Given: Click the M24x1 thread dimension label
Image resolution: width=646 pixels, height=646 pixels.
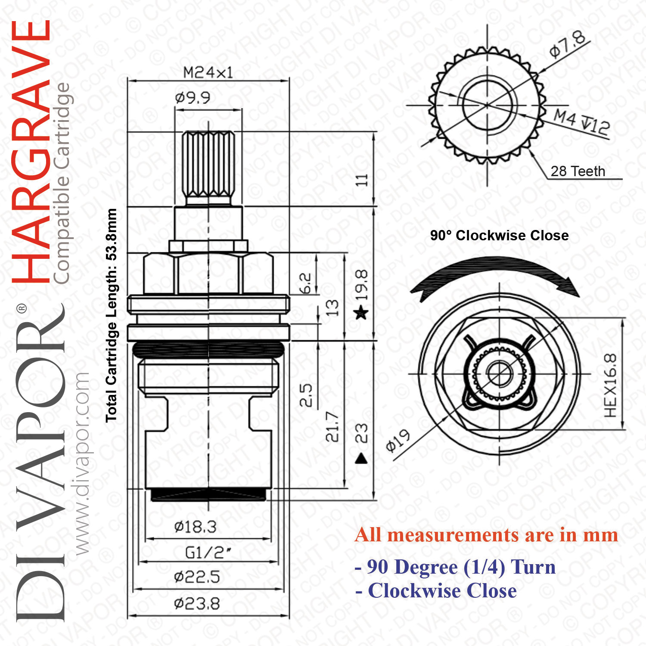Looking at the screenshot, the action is (x=208, y=72).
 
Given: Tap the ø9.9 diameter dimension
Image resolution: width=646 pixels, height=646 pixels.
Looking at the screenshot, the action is (x=193, y=98).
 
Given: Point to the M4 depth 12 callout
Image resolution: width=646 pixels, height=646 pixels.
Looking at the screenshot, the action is (x=581, y=122).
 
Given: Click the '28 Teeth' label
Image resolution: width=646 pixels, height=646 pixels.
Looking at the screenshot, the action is (x=578, y=171).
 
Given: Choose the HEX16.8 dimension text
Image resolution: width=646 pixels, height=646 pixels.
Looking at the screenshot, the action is (x=610, y=385).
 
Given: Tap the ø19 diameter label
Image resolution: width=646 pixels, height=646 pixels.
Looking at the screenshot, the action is (x=398, y=441).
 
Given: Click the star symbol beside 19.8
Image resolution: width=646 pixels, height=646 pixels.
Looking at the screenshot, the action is (x=361, y=312).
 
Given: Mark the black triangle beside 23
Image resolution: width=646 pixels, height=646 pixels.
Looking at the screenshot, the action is (x=361, y=458).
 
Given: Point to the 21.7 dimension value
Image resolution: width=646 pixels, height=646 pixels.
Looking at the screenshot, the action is (x=332, y=426).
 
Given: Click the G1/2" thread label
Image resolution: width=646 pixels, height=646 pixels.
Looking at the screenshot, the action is (x=208, y=552).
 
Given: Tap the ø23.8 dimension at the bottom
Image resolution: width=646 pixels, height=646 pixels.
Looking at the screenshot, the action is (x=197, y=603).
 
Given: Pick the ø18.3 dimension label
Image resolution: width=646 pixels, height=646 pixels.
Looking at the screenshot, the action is (x=195, y=526).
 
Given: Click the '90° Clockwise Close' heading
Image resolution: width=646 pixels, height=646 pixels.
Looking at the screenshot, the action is (x=500, y=236).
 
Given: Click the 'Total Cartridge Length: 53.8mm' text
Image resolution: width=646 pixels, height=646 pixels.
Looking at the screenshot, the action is (x=112, y=315).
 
